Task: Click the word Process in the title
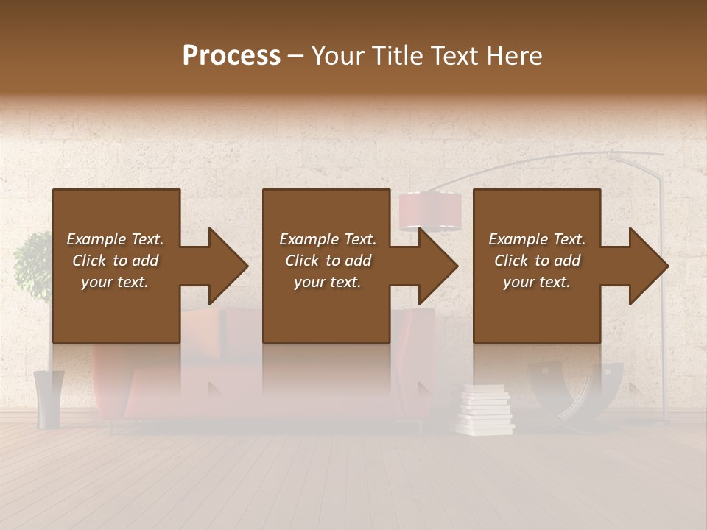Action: [231, 56]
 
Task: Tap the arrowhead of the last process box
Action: [643, 266]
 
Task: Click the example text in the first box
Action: [115, 261]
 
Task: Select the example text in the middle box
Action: [328, 261]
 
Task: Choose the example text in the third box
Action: [537, 261]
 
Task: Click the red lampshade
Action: [430, 210]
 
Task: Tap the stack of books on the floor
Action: [485, 411]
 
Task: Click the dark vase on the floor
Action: [49, 398]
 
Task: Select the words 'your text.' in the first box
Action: [115, 282]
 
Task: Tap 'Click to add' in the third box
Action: [537, 261]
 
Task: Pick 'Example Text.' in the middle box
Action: [328, 239]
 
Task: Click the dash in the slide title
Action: [295, 57]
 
